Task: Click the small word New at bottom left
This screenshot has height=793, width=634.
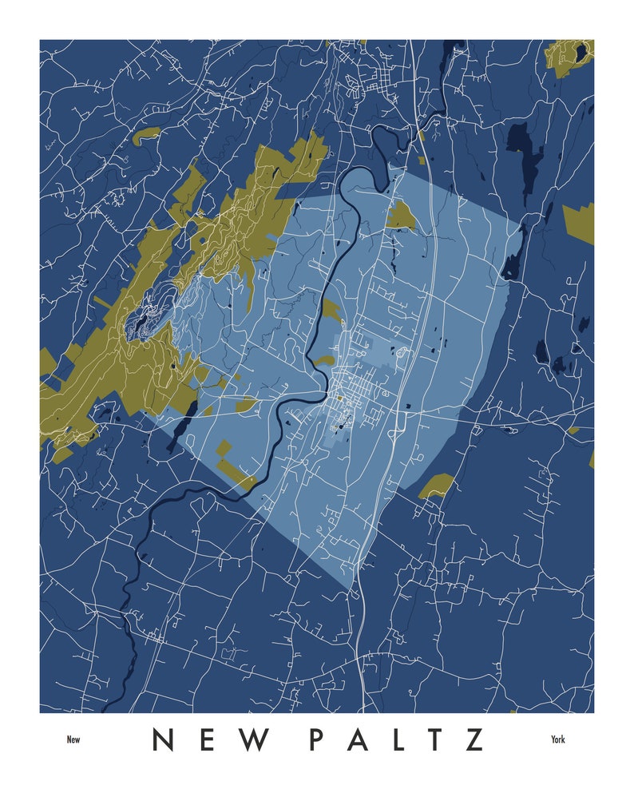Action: (73, 739)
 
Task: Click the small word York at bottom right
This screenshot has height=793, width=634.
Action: (557, 739)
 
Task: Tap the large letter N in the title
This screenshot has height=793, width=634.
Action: (164, 739)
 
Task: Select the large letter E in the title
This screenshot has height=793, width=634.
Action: (209, 739)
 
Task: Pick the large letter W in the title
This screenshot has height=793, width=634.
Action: (257, 739)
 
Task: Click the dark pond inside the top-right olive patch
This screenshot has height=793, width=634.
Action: (581, 52)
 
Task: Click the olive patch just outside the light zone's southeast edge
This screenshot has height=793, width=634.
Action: (437, 485)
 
